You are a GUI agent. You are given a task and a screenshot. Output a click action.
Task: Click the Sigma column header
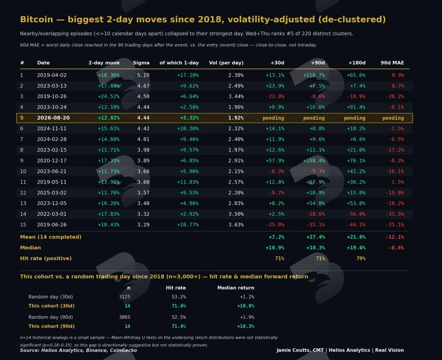point(141,63)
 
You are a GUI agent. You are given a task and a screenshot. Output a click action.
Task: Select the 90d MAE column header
point(392,63)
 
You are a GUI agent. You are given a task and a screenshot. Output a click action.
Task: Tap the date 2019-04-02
point(52,75)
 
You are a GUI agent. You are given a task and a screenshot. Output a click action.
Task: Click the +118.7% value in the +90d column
point(314,75)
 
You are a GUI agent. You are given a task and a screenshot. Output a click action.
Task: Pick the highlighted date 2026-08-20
point(53,118)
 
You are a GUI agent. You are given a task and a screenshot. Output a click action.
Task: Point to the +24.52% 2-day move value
point(109,96)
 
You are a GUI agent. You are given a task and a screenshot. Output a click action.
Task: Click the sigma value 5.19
point(143,75)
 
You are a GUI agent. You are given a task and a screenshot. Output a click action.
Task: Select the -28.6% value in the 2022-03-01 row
point(316,214)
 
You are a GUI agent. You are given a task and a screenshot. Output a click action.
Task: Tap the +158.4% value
point(314,160)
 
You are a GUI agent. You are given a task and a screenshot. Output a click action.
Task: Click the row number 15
point(23,225)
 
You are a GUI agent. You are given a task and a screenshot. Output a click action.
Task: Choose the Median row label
point(30,248)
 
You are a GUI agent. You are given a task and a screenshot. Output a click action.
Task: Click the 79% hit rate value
point(361,258)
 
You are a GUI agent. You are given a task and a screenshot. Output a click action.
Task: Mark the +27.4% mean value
point(316,237)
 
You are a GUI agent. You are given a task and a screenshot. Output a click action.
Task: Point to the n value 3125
point(124,297)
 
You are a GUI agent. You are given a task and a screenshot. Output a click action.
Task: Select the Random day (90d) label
point(50,317)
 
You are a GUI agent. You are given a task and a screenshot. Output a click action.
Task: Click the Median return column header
point(236,287)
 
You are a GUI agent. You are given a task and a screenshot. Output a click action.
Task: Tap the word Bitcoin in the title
point(36,20)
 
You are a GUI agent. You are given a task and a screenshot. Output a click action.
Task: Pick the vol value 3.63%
point(236,225)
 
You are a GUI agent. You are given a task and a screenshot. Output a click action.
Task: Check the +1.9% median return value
point(247,317)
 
